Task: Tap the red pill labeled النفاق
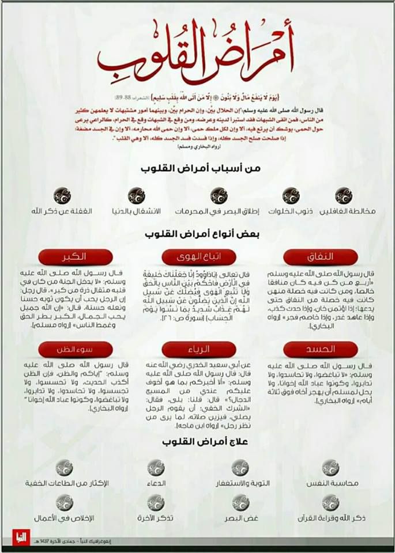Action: [x=321, y=256]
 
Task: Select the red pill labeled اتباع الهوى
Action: [x=199, y=256]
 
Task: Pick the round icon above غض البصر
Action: [x=240, y=502]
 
